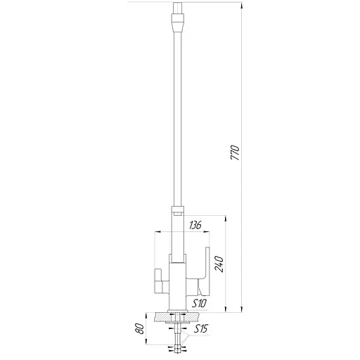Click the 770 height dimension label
pos(235,153)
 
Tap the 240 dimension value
pos(219,264)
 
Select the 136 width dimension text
pos(195,225)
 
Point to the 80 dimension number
pos(139,329)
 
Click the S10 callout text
pos(199,304)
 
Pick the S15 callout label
pos(201,329)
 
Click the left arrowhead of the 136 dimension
pos(157,232)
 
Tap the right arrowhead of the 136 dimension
pos(207,232)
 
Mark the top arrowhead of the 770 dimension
pos(242,6)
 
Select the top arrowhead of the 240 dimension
pos(226,219)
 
